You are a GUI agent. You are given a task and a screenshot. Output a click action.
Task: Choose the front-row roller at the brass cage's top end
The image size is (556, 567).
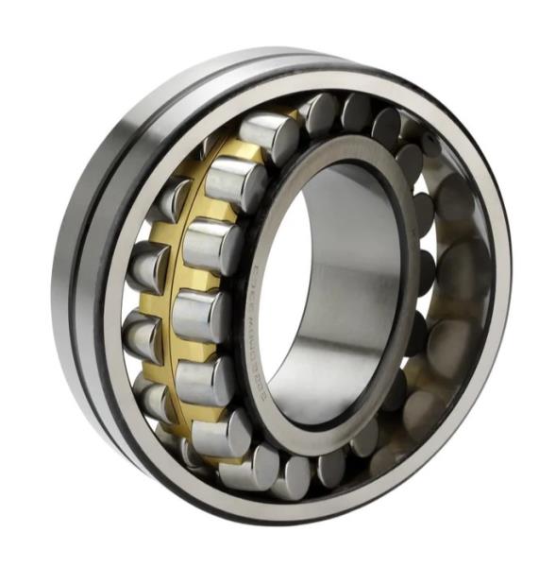point(269,132)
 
